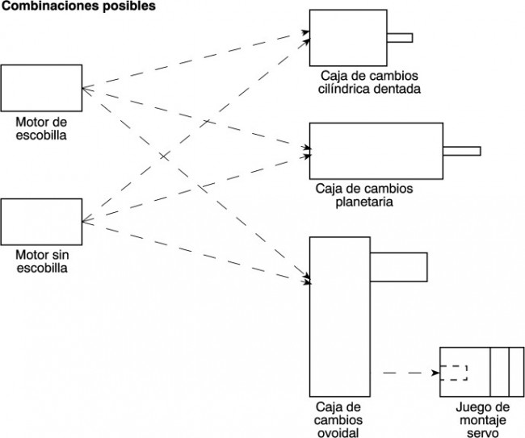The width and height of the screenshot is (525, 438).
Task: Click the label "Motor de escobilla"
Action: pos(41,127)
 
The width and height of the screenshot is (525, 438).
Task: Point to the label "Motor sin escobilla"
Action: pos(41,261)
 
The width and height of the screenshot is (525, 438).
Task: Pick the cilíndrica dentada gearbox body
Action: pos(348,38)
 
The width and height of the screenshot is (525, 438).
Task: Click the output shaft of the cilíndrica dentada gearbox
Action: pos(400,38)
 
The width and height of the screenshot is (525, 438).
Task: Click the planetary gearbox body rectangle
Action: pos(376,151)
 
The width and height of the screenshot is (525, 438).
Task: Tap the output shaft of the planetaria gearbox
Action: pos(462,151)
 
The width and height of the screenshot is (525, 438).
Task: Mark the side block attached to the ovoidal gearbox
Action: pos(399,266)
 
